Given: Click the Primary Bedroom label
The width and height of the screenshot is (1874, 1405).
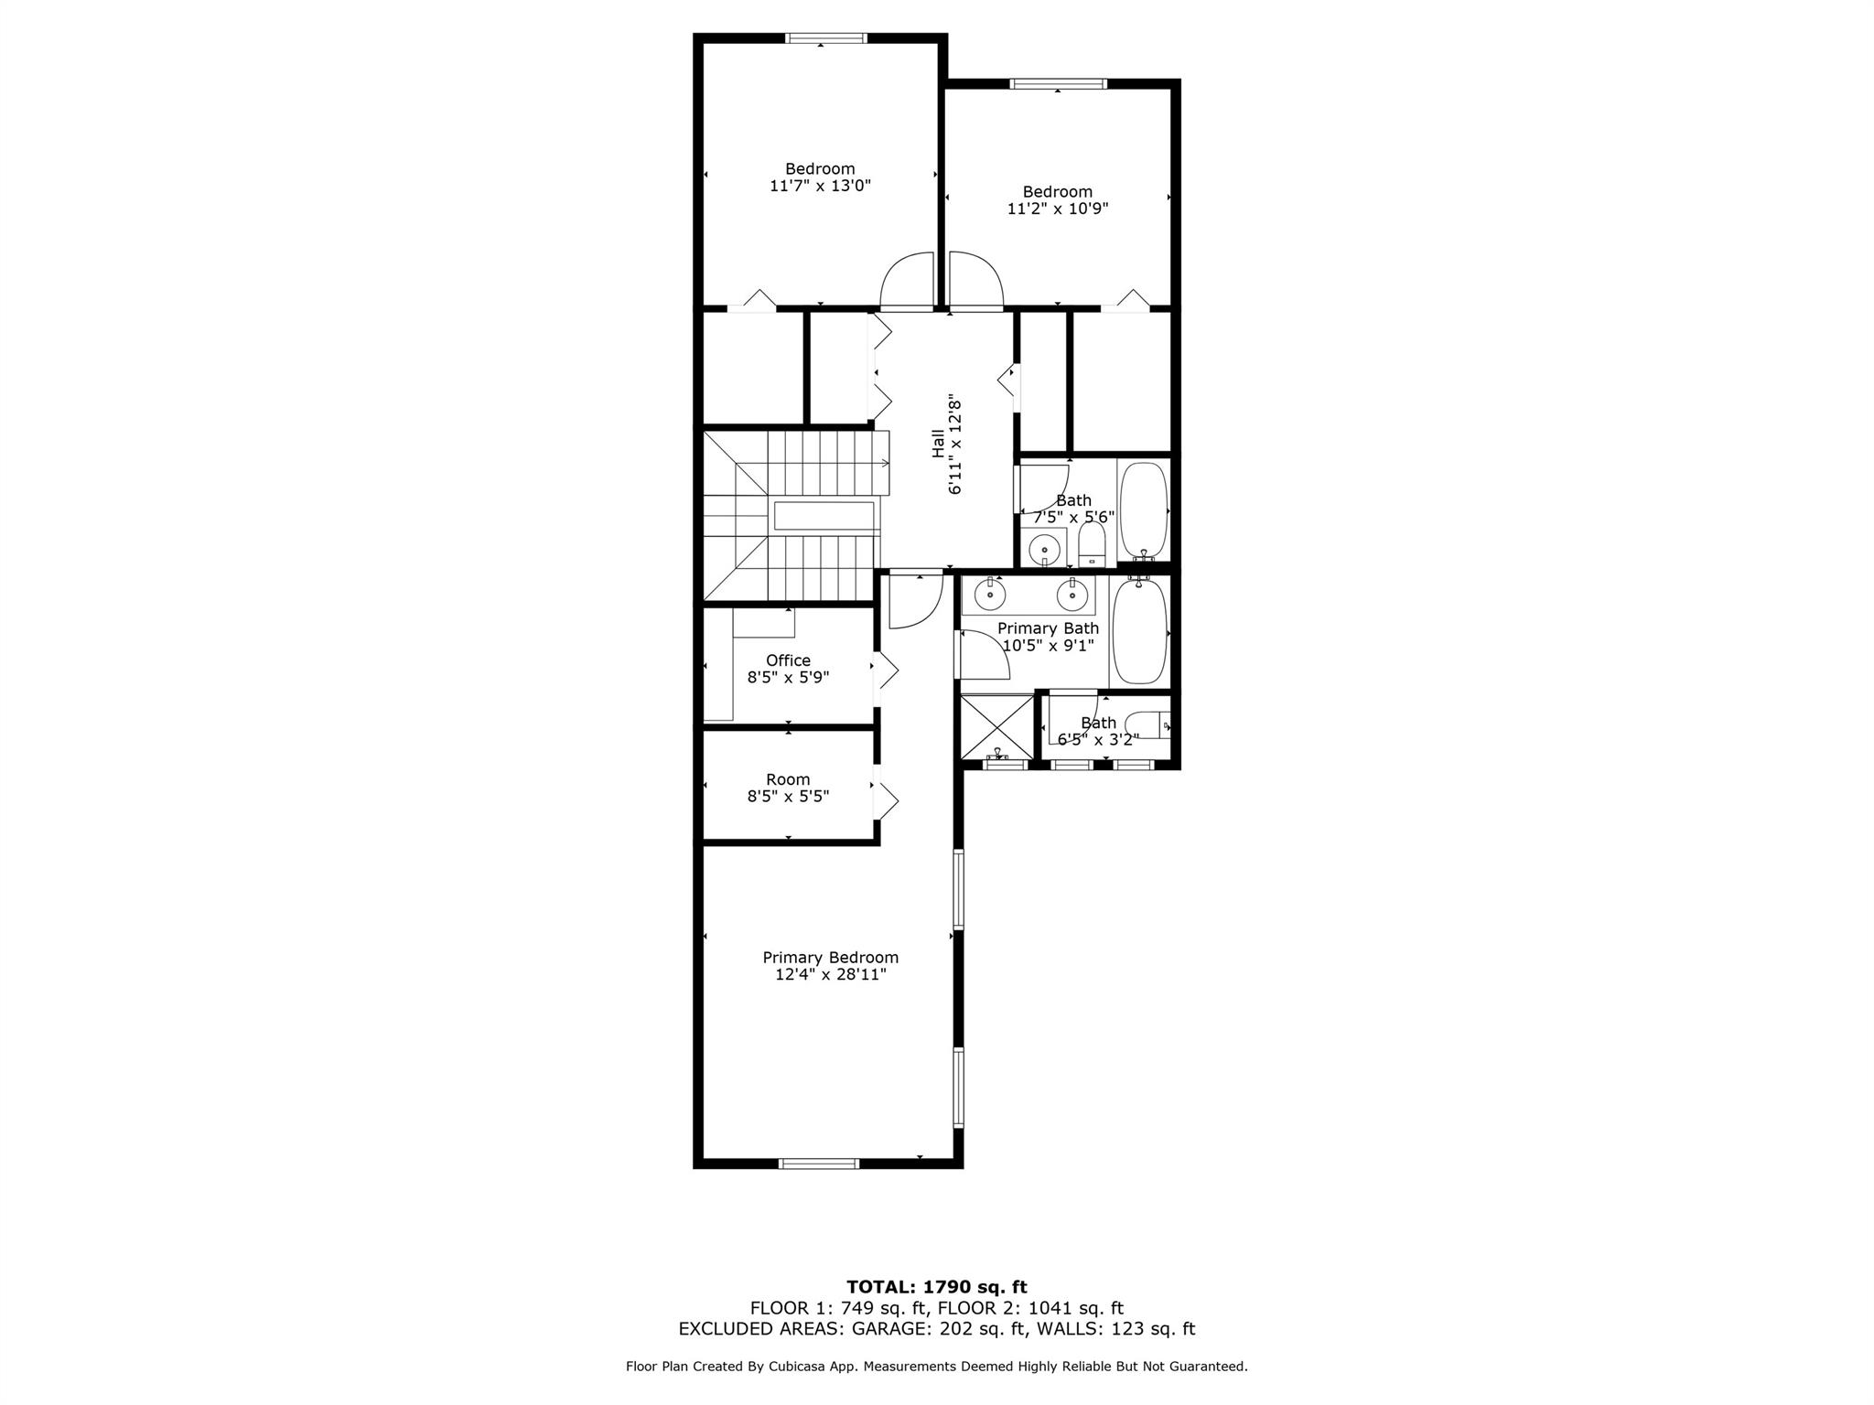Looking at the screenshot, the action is [x=831, y=958].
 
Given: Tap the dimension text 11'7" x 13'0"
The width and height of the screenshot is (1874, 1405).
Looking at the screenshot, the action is [x=820, y=186].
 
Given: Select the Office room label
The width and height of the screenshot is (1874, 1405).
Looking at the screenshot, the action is [x=788, y=660].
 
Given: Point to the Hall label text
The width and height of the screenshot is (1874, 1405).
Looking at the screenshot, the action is [x=938, y=444].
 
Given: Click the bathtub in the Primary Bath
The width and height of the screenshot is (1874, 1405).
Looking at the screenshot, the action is [x=1139, y=630].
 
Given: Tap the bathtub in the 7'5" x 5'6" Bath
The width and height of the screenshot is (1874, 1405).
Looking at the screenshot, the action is [x=1144, y=510].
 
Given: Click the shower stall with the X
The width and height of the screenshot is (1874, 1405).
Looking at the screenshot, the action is [x=996, y=726].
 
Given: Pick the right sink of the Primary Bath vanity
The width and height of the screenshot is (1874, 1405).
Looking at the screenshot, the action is [x=1072, y=595].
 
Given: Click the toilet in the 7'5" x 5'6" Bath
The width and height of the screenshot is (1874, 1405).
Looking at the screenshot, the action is [x=1093, y=545].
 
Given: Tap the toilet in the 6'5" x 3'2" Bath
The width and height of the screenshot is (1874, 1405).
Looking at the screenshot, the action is [x=1147, y=724].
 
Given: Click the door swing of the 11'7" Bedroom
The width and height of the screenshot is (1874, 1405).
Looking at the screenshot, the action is [x=906, y=280].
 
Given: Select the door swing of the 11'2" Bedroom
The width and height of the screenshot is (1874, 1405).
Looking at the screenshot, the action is [x=976, y=280].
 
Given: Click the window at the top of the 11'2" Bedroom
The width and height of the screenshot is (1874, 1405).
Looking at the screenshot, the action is [x=1058, y=84].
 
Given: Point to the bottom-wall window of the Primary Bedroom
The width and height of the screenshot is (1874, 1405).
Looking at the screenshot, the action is [x=819, y=1164].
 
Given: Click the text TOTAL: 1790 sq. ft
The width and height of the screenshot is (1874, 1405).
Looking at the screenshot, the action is [x=937, y=1288].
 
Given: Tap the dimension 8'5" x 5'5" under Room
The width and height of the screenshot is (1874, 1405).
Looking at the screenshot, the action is [x=788, y=797].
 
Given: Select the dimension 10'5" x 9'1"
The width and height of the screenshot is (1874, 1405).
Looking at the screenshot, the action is [x=1048, y=646].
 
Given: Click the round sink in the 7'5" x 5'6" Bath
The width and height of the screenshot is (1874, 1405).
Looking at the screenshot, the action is [x=1043, y=549].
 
